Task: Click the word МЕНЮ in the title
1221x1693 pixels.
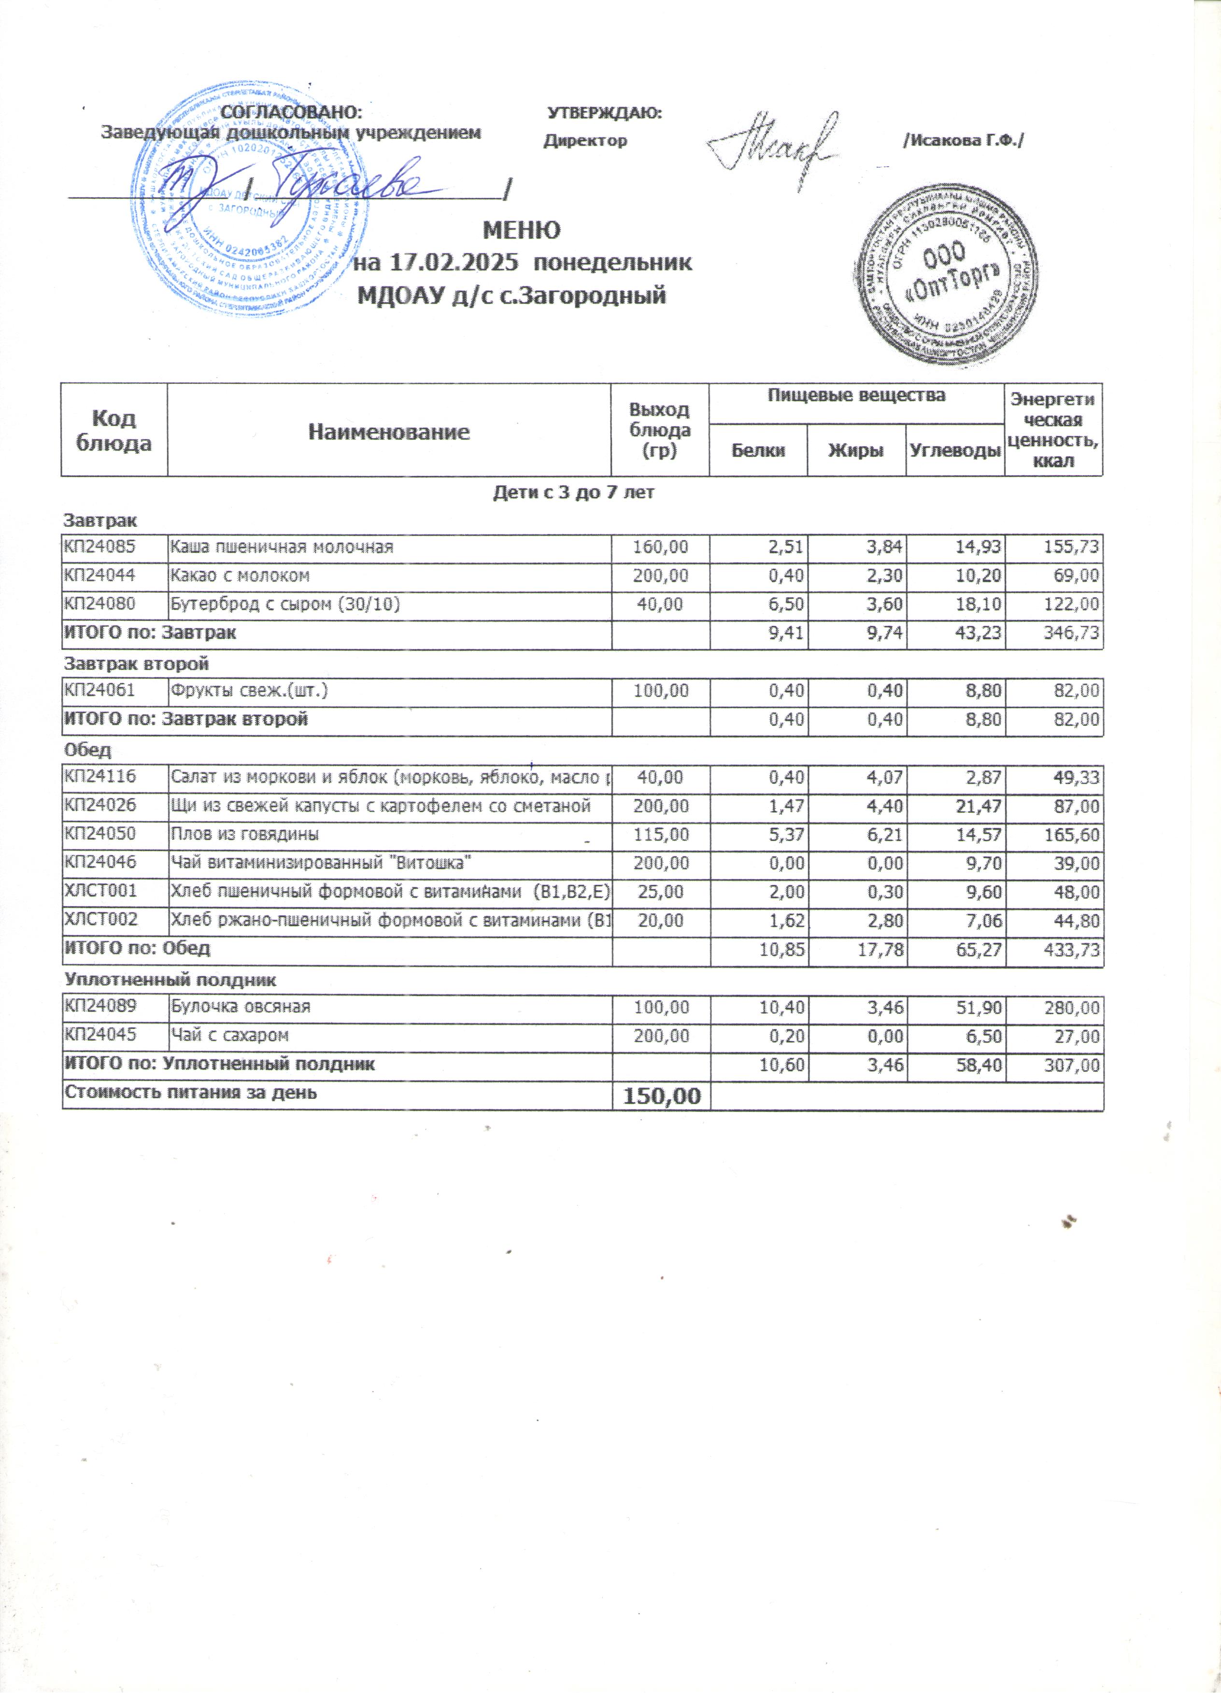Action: point(522,229)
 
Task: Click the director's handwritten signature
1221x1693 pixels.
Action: point(773,143)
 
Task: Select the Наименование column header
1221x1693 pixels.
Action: point(389,432)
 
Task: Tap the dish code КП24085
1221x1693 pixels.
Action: point(100,547)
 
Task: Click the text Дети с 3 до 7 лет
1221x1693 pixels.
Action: point(573,493)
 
